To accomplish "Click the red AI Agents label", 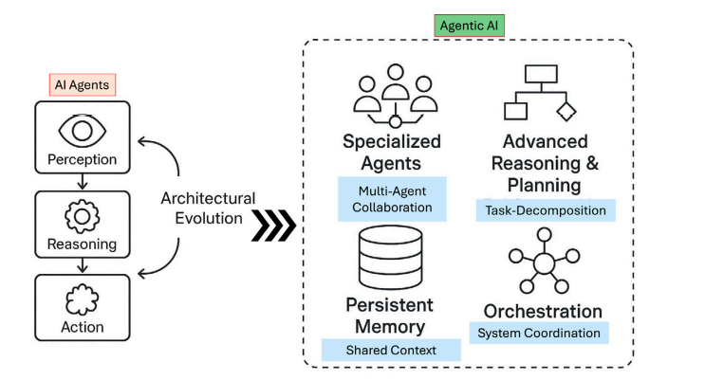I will [82, 84].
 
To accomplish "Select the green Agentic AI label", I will [468, 26].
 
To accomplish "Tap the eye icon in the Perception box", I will [82, 127].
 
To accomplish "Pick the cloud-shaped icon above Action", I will [82, 300].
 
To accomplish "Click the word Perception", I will [82, 159].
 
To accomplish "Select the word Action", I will [82, 328].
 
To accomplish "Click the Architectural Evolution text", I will [208, 208].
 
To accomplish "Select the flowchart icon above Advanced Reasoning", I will [540, 93].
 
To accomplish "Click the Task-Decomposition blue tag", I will [546, 210].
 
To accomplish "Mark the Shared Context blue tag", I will [391, 350].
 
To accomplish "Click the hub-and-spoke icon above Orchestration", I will [543, 264].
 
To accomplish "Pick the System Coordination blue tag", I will [539, 333].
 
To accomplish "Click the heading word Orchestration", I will [543, 311].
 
